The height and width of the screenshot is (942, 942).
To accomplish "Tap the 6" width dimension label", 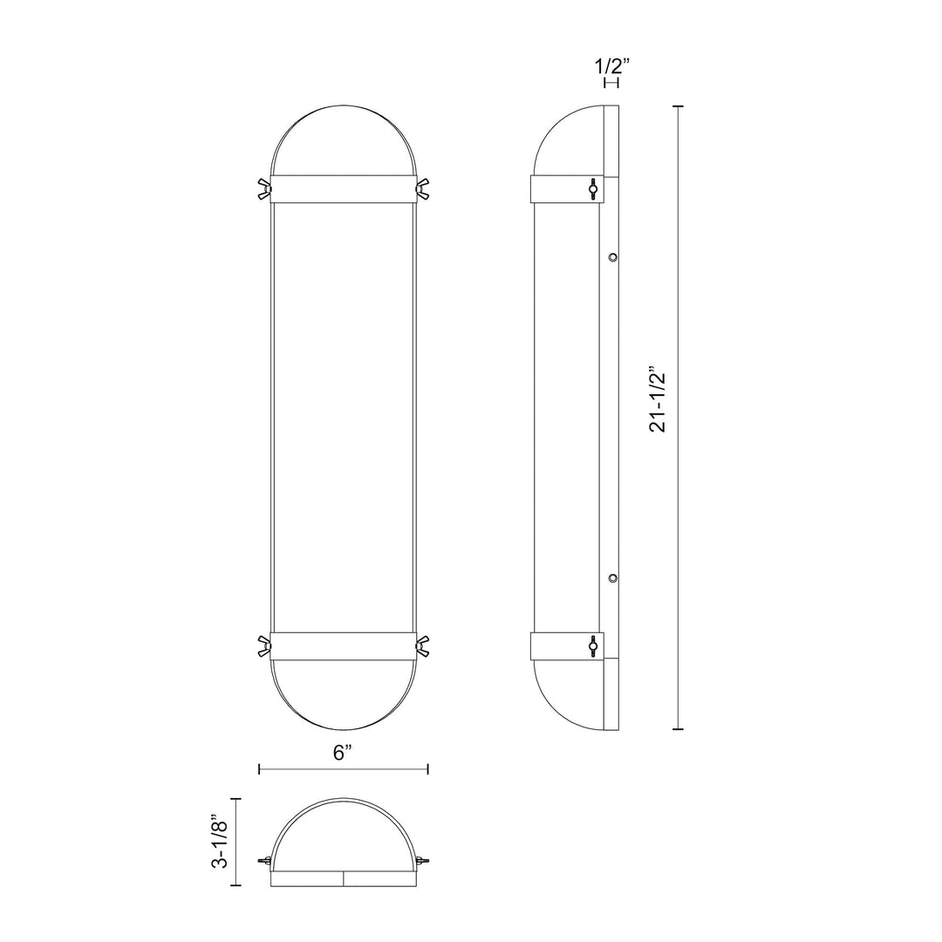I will tap(342, 752).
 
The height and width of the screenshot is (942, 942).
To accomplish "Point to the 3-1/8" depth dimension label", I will tap(222, 843).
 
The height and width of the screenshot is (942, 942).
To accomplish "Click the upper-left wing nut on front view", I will tap(263, 189).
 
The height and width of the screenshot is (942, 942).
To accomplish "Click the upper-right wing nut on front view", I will tap(422, 189).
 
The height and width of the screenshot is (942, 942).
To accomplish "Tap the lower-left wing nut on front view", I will tap(263, 646).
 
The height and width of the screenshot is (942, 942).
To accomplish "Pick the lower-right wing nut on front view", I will tap(422, 646).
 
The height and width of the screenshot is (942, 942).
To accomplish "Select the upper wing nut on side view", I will tap(593, 189).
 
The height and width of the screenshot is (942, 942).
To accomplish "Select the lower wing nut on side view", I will tap(593, 646).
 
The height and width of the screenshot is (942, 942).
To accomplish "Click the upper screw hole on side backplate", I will tap(613, 257).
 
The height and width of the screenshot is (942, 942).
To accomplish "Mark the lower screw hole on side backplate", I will tap(613, 578).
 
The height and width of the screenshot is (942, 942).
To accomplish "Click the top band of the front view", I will tap(343, 189).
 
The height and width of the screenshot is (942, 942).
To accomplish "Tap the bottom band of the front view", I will tap(343, 646).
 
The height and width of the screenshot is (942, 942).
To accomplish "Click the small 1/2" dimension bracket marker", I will tap(611, 83).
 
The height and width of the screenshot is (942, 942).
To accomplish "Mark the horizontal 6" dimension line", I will tap(343, 768).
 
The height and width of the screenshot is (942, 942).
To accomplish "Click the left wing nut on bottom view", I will tap(264, 861).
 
